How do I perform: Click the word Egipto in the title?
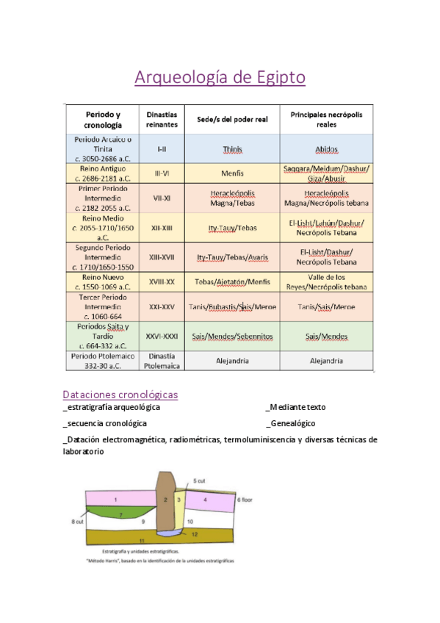tap(278, 78)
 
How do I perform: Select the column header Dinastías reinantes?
tap(162, 120)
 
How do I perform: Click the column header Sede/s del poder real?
tap(232, 120)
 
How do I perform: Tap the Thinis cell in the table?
tap(232, 149)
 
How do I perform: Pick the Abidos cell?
tap(326, 149)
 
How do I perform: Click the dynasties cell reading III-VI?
tap(162, 173)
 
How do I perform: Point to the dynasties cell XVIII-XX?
tap(162, 282)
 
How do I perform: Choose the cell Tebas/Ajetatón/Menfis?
tap(232, 282)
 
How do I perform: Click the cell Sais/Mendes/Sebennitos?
tap(232, 336)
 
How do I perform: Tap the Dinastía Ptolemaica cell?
tap(162, 360)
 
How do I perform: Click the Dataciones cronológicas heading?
tap(120, 395)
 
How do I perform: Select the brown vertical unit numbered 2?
tap(166, 500)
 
